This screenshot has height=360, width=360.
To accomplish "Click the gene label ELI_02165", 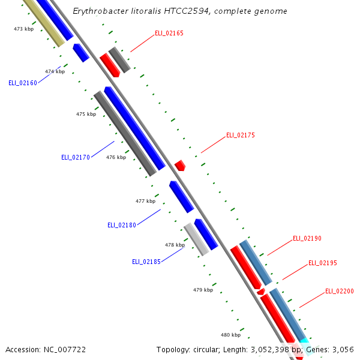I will [169, 33].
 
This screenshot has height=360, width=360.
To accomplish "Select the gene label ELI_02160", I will [23, 83].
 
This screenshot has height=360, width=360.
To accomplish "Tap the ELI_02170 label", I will [76, 157].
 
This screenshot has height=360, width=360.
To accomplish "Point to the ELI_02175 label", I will [240, 136].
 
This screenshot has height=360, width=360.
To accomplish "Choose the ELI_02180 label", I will [122, 225].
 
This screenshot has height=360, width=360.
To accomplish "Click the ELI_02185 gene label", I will [146, 262].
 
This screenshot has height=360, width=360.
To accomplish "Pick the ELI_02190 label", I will [307, 239].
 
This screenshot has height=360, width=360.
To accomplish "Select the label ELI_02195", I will [323, 263].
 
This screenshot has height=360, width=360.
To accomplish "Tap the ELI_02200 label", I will [340, 292].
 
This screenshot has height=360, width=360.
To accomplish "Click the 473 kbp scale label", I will [23, 29].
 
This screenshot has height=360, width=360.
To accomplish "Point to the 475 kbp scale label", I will [86, 114].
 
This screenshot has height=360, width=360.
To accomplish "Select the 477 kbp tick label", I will [145, 201].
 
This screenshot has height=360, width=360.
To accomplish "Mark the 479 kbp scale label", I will [203, 290].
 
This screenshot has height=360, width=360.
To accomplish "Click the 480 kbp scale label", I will [230, 335].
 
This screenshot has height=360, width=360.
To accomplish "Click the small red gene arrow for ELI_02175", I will [180, 165].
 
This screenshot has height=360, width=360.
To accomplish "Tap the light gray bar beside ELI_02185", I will [196, 239].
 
